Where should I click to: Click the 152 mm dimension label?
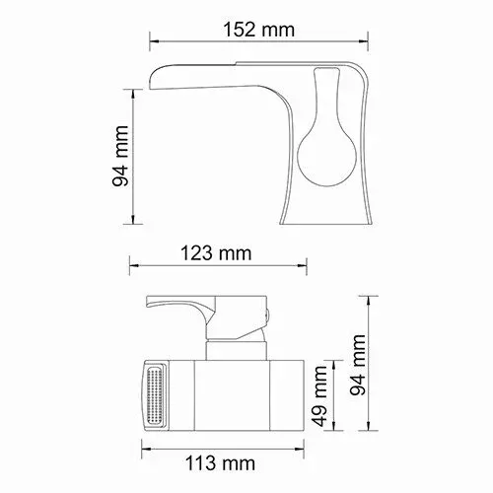coord(259,30)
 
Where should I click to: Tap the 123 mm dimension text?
coord(216,253)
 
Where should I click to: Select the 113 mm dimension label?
coord(220,463)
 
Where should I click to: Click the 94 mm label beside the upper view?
coord(120,156)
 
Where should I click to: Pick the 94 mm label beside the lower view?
coord(358,365)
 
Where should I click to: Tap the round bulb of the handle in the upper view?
coord(326,157)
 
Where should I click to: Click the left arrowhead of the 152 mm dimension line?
coord(155,41)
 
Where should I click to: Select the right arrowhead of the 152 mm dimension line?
coord(363,41)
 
